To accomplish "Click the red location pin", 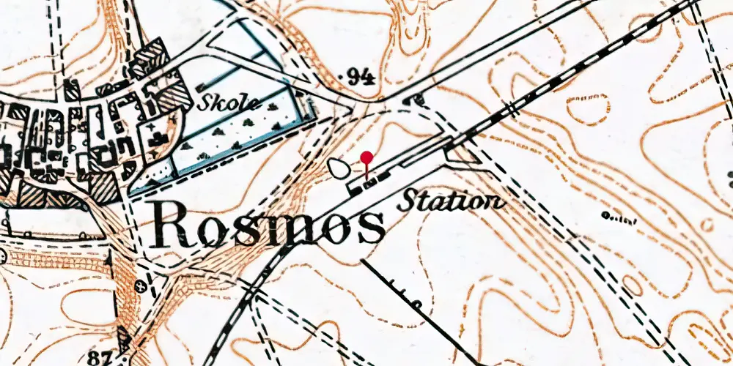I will click(x=366, y=158).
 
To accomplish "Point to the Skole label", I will click(x=227, y=102).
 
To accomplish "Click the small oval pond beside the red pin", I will click(x=339, y=168).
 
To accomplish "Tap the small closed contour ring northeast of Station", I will click(x=587, y=108).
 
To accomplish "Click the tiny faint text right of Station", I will click(x=618, y=217).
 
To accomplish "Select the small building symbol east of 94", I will click(x=416, y=100).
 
